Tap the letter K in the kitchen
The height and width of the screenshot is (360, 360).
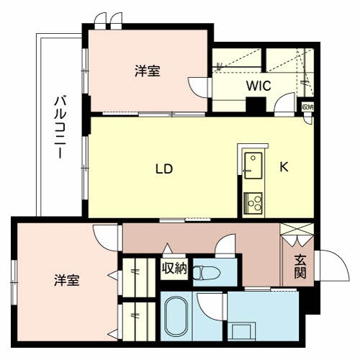pos(284,167)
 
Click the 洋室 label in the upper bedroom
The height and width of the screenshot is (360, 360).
pos(147,71)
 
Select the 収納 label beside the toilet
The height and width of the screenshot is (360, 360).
pos(174,269)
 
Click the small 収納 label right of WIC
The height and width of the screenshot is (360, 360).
pos(307,107)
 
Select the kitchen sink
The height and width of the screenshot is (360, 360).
pos(253,166)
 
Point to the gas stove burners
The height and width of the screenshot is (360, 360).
pos(254,202)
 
